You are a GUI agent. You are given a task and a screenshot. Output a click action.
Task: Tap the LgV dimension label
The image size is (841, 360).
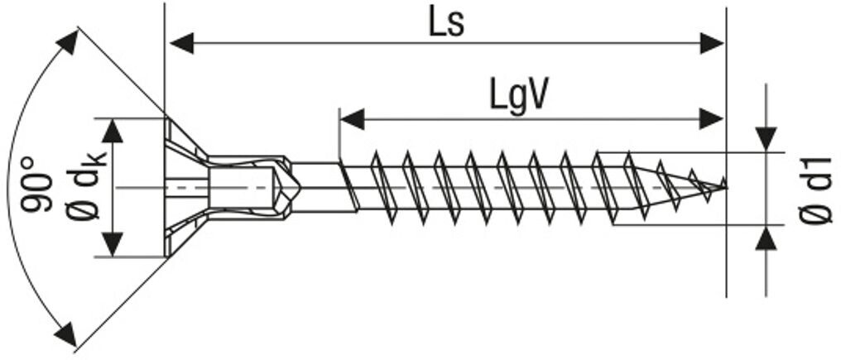[518, 97]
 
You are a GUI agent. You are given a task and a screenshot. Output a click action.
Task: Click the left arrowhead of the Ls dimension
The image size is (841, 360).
[180, 43]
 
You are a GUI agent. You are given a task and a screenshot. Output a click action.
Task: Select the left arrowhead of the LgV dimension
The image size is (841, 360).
[353, 119]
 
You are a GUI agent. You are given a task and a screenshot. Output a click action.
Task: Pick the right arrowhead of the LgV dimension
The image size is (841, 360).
[712, 119]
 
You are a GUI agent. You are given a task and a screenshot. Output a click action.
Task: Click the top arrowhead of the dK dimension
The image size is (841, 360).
[112, 130]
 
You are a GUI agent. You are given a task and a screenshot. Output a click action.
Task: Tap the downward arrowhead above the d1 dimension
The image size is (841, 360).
[767, 137]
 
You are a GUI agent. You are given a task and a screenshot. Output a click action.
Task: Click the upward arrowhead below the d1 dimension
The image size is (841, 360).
[767, 239]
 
